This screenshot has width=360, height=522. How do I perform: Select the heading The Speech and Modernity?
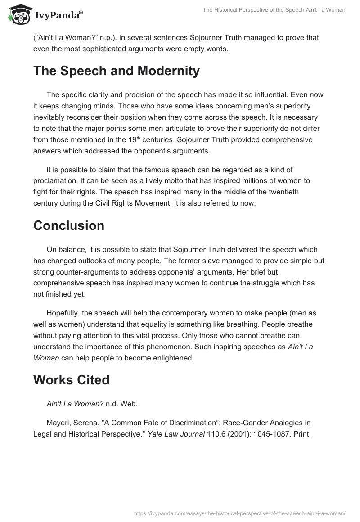point(116,71)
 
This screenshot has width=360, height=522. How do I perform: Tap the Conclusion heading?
point(68,225)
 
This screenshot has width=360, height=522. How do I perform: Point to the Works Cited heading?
point(71,380)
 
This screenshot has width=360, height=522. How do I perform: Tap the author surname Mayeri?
point(57,423)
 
